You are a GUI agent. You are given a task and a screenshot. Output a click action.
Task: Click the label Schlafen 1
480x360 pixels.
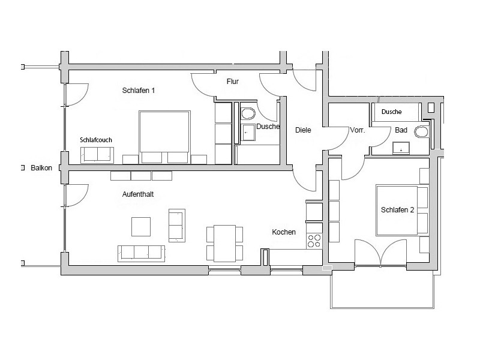[x=139, y=91]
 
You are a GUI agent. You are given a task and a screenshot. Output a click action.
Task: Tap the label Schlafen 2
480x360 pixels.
[x=398, y=210]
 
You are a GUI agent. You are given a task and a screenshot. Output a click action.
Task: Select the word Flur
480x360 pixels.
[x=233, y=81]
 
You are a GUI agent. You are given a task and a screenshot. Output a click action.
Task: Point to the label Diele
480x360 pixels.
[x=303, y=130]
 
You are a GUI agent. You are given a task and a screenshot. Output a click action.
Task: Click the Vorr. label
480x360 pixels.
[x=358, y=130]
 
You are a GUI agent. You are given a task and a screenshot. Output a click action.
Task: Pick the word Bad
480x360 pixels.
[x=401, y=130]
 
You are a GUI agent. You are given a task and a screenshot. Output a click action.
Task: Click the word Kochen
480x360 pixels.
[x=284, y=232]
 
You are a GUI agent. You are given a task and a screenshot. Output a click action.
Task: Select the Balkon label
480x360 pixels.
[x=41, y=169]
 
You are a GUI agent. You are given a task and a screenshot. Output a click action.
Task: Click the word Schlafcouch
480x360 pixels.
[x=96, y=140]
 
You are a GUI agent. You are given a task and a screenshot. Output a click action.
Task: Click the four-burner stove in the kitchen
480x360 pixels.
[x=314, y=241]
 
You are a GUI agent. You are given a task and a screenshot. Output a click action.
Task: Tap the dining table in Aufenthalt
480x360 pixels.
[x=225, y=243]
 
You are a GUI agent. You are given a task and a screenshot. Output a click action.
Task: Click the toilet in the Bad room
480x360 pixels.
[x=424, y=131]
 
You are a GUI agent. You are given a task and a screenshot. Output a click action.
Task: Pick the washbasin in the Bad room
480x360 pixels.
[x=401, y=147]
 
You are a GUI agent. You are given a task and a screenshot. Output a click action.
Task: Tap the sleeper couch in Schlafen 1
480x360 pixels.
[x=96, y=154]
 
